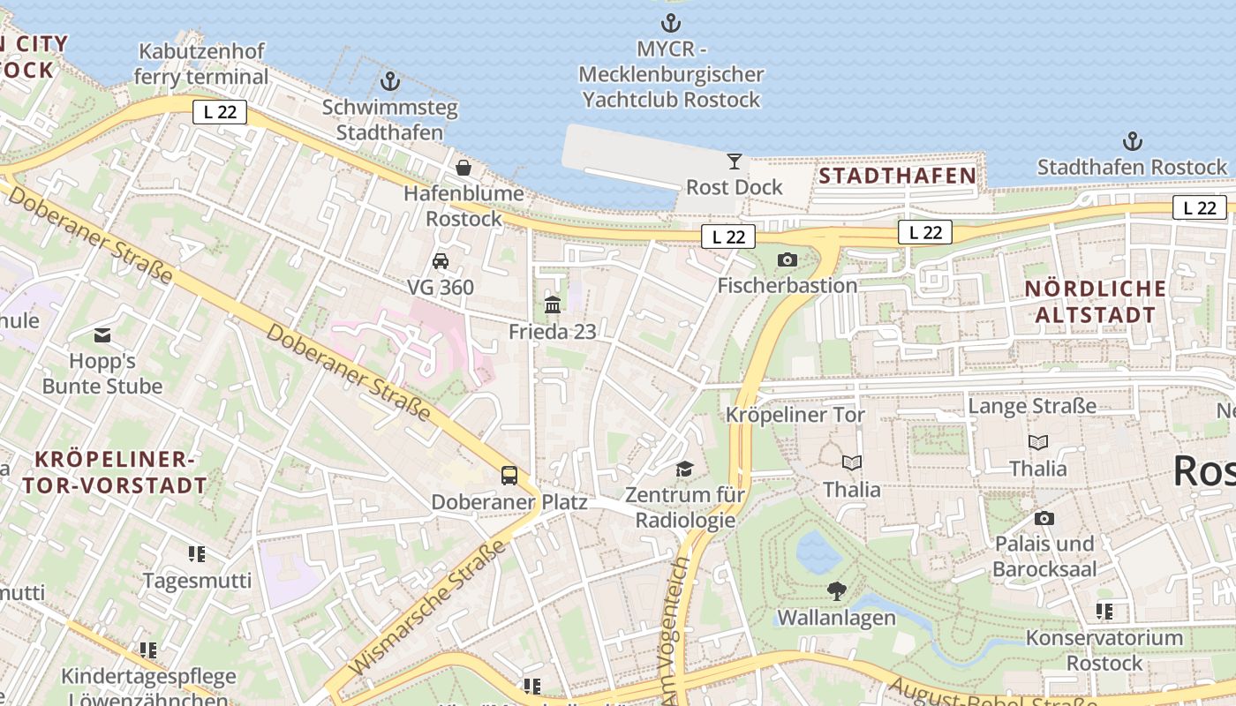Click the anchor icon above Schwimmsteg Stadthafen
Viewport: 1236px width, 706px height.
390,82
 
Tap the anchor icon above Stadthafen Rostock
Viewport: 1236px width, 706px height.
1132,141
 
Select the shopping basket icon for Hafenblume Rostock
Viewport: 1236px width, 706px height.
463,167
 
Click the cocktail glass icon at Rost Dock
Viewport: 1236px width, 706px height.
734,161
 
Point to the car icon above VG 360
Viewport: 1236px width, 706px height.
440,260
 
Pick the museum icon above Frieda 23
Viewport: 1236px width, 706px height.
553,305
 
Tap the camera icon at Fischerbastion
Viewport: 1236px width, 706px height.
787,259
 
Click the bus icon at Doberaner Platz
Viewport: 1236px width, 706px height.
509,476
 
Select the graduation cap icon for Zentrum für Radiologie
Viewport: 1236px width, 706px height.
685,469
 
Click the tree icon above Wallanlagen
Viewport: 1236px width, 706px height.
836,591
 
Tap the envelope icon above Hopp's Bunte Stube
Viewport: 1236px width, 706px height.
102,335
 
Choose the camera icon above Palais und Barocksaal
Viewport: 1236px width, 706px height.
1044,518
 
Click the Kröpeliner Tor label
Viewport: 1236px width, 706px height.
795,415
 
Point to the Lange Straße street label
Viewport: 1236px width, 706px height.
1032,406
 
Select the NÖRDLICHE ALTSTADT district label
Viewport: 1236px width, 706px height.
1096,302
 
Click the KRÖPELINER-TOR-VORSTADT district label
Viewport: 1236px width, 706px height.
115,472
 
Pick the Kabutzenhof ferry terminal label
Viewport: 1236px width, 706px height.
201,64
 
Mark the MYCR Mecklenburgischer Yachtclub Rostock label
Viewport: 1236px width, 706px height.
671,74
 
